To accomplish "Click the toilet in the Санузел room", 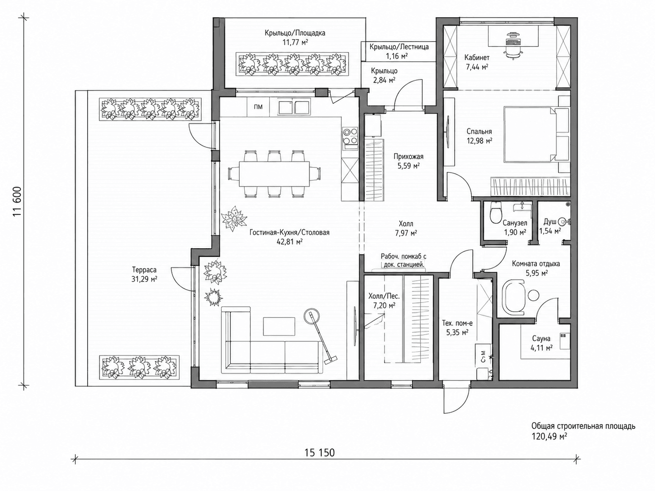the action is pyautogui.click(x=496, y=213).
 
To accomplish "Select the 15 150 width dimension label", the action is pyautogui.click(x=320, y=453).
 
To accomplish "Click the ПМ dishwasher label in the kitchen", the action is pyautogui.click(x=258, y=107).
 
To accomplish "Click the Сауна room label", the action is pyautogui.click(x=541, y=338).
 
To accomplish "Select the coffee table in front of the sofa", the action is pyautogui.click(x=279, y=326).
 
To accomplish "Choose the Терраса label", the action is pyautogui.click(x=144, y=270).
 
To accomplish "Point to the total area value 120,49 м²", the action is pyautogui.click(x=549, y=437).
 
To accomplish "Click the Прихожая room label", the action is pyautogui.click(x=408, y=156).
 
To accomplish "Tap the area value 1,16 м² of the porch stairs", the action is pyautogui.click(x=397, y=56).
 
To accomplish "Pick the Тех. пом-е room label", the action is pyautogui.click(x=457, y=323).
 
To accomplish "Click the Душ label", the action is pyautogui.click(x=549, y=222).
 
